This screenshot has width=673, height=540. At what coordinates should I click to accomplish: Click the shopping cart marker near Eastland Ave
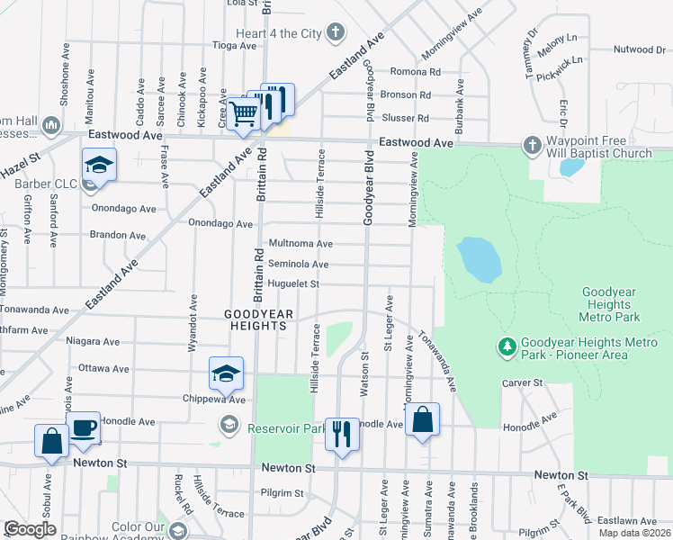coord(243,114)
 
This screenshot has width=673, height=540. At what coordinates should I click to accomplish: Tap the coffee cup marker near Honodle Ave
coord(83,428)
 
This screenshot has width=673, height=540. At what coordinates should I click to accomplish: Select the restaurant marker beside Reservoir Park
coord(341,435)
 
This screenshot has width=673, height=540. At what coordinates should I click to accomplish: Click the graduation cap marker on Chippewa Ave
coord(226,373)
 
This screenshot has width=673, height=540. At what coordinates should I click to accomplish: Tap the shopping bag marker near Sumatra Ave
coord(422,420)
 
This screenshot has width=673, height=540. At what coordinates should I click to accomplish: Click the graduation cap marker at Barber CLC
coord(99,166)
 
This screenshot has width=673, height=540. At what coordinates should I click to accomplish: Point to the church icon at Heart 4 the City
coord(336,34)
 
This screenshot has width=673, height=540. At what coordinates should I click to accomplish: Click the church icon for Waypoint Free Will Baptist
coord(531,145)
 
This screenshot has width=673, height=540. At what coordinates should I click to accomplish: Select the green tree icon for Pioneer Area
coord(507,346)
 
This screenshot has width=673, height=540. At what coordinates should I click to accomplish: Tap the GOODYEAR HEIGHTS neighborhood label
coord(259,319)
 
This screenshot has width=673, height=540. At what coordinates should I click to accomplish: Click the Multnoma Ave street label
coord(301,244)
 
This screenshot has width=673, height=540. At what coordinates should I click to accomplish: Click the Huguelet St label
coord(294,283)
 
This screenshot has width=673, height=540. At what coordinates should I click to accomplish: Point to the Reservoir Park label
coord(274,428)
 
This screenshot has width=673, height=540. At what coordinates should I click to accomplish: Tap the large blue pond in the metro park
coord(479,259)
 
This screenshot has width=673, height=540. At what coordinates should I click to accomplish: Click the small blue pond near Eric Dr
coord(570,167)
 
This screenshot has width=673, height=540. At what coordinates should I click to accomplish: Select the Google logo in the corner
coord(30,529)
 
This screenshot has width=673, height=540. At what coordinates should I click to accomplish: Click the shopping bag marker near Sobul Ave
coord(51,442)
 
